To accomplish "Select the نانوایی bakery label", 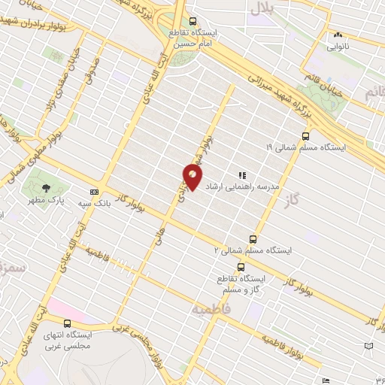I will point(338,45).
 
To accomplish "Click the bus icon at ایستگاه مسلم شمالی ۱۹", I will point(305,136).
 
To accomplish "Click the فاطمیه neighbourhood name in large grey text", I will point(208,308).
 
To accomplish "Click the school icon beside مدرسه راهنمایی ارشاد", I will point(241,174).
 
